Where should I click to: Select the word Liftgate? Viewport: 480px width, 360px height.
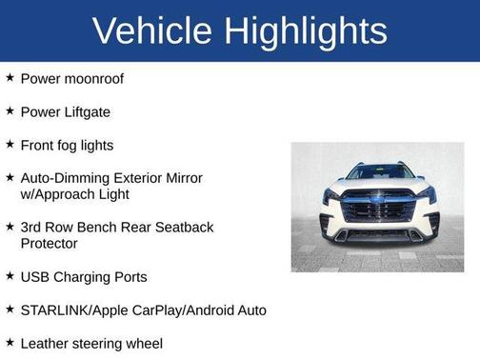85,111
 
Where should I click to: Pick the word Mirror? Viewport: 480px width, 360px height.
184,177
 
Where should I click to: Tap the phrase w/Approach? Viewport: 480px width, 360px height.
60,193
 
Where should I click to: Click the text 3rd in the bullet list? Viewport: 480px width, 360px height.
31,227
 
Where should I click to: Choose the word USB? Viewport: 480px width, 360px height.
35,276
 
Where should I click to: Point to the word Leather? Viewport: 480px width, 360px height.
46,343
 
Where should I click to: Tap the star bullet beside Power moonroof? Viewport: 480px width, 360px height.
10,77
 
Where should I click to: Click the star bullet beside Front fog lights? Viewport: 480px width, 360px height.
10,144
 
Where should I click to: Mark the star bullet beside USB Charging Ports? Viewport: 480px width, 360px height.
10,275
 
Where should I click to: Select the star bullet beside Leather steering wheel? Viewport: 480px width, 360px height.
10,342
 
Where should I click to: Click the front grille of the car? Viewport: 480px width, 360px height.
377,210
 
